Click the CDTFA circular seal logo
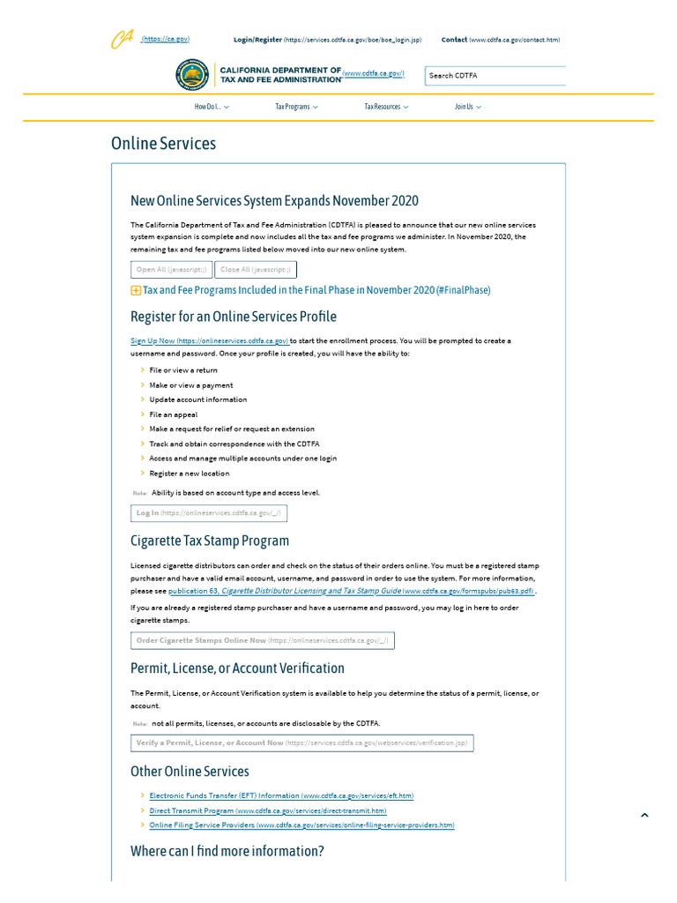pyautogui.click(x=192, y=76)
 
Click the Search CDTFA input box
pyautogui.click(x=495, y=76)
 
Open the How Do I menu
pyautogui.click(x=212, y=107)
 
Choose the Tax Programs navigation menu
pyautogui.click(x=296, y=107)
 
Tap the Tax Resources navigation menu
pyautogui.click(x=386, y=107)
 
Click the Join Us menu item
pyautogui.click(x=467, y=107)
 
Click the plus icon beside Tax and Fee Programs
pyautogui.click(x=136, y=290)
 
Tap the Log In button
pyautogui.click(x=208, y=513)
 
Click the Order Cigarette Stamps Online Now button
pyautogui.click(x=262, y=641)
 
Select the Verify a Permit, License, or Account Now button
pyautogui.click(x=301, y=743)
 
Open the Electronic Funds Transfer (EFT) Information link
pyautogui.click(x=281, y=795)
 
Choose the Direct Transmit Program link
pyautogui.click(x=267, y=810)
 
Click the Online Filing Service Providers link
pyautogui.click(x=301, y=825)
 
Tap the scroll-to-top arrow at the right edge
pyautogui.click(x=644, y=816)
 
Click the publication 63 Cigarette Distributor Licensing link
pyautogui.click(x=351, y=592)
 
